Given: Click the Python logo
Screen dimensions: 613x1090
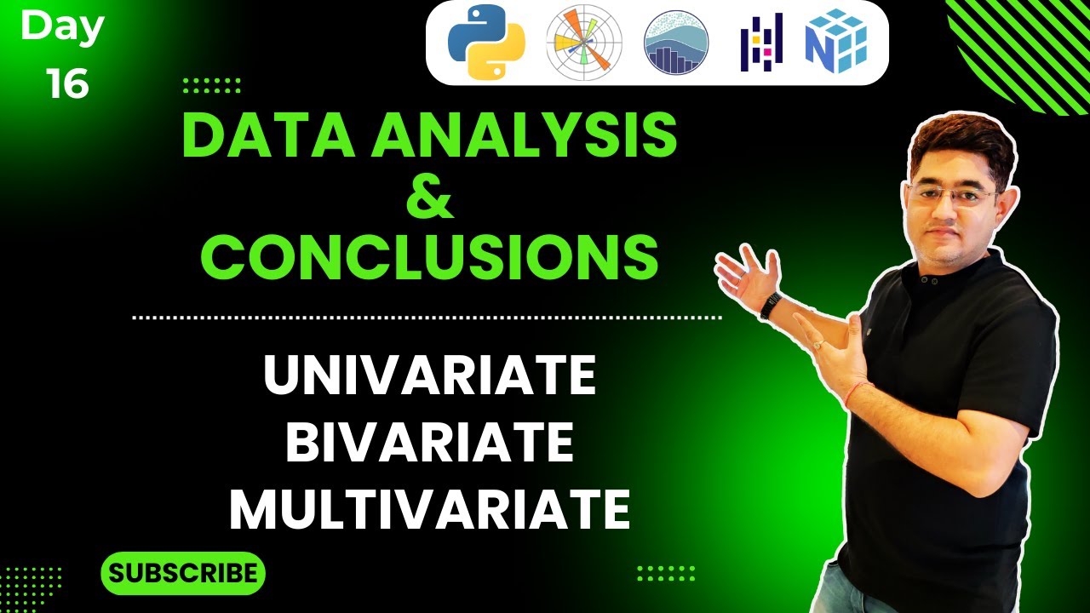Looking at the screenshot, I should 486,43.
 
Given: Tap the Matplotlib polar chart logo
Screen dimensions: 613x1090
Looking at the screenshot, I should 584,43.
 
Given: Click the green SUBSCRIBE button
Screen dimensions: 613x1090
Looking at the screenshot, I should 183,573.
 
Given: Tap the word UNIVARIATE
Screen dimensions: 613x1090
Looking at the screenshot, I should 429,376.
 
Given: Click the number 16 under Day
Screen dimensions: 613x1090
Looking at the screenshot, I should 68,83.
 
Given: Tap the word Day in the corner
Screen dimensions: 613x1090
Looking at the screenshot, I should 63,28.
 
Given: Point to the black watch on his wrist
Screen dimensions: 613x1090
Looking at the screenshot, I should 771,305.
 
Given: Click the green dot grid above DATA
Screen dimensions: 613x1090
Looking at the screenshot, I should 212,85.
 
